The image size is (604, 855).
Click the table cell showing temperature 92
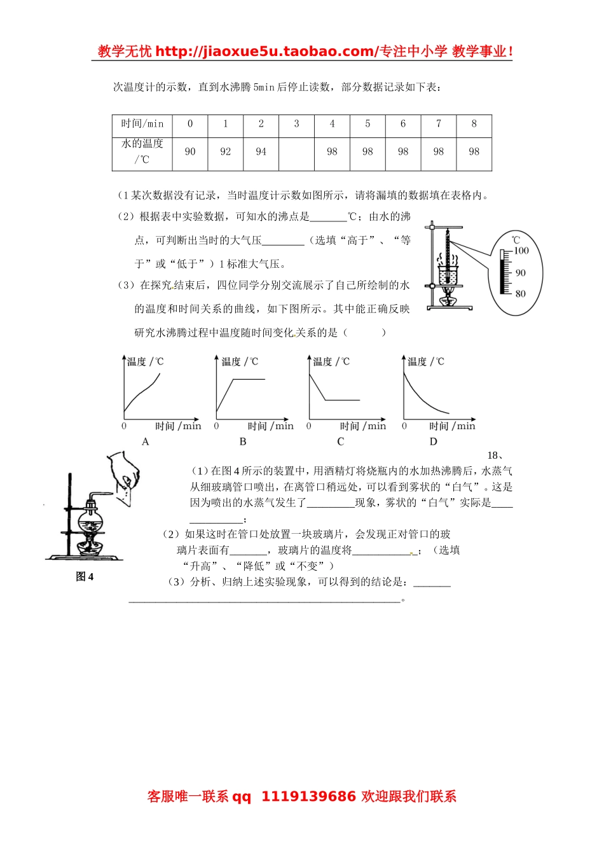(226, 152)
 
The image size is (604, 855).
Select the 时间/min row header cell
(142, 124)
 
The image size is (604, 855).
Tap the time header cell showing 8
(474, 124)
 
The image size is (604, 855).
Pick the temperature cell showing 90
(190, 152)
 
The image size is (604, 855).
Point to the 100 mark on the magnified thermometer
(521, 251)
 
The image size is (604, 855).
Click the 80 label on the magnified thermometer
(521, 294)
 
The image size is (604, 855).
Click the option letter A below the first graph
(146, 441)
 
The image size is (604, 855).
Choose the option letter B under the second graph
(243, 441)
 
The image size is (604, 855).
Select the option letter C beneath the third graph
(341, 441)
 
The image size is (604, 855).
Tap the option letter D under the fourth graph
(434, 441)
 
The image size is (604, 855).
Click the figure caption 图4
(85, 577)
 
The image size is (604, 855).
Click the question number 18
(495, 455)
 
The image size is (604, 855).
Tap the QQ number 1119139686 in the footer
(308, 796)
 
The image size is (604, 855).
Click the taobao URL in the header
(266, 52)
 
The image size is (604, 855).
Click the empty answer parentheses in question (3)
(364, 332)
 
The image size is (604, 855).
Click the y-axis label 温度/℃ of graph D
(426, 362)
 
